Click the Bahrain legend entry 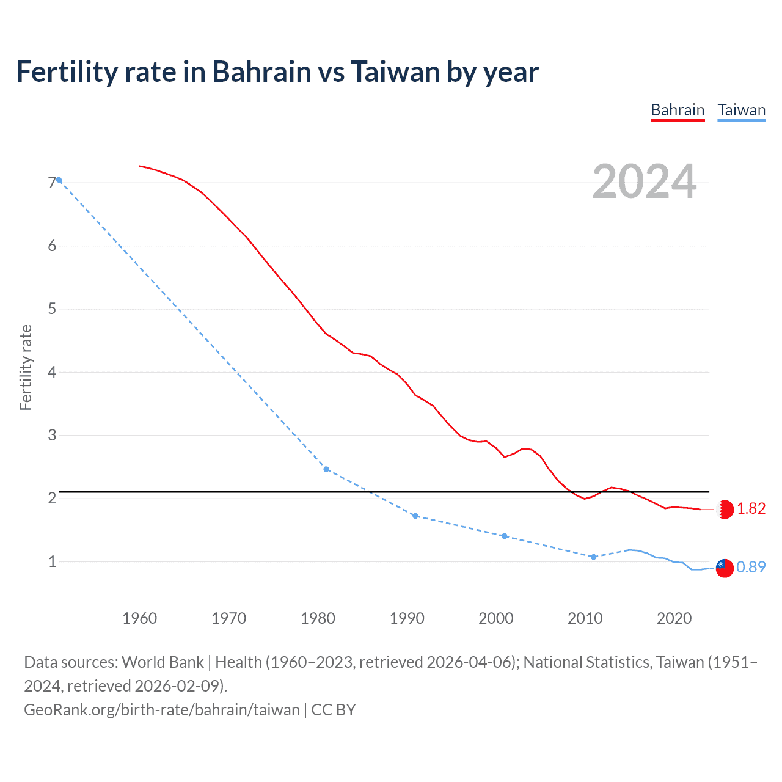[678, 111]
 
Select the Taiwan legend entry [741, 111]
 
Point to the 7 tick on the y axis [52, 183]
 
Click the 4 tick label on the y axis [52, 372]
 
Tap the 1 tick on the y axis [52, 561]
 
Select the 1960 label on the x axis [139, 618]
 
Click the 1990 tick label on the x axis [407, 618]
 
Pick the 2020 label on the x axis [674, 618]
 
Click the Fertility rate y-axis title [26, 368]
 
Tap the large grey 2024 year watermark [644, 181]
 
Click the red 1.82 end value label [751, 509]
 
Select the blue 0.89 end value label [751, 568]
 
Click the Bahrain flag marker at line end [725, 510]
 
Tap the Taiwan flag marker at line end [725, 568]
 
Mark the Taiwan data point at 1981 [326, 469]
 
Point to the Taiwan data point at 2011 [593, 557]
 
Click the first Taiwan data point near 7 [59, 180]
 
